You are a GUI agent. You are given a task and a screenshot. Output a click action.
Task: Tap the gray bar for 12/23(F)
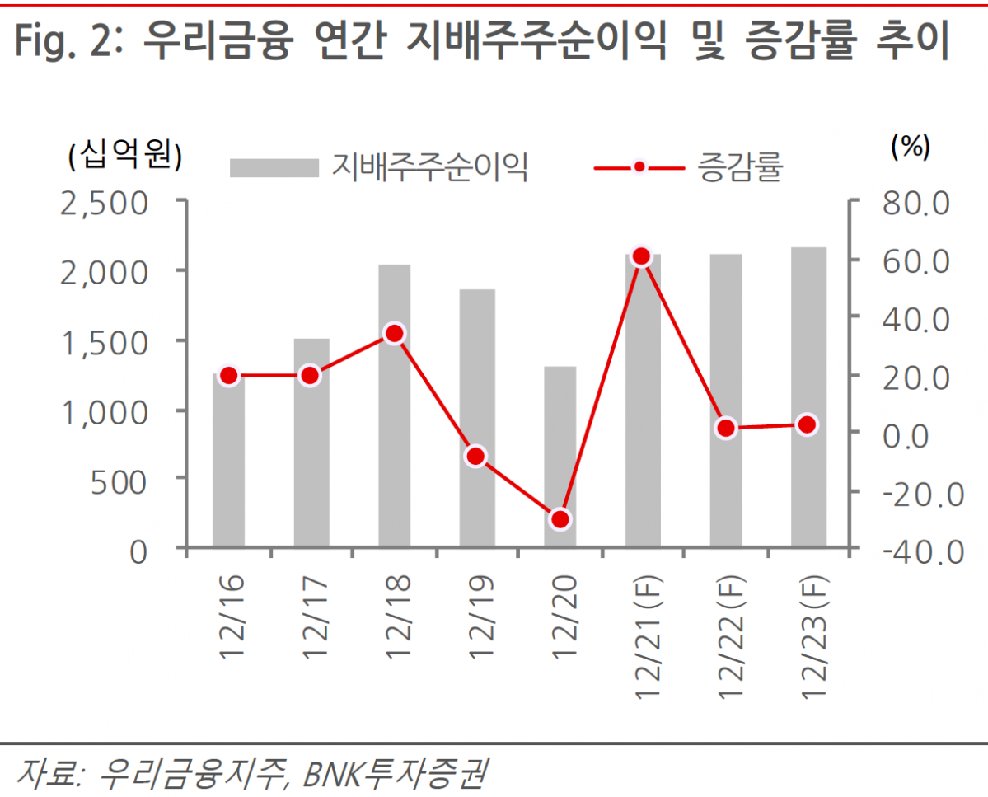coord(808,396)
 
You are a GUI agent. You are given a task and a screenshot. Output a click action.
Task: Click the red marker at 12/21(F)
coord(642,257)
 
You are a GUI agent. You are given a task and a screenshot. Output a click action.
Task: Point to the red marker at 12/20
coord(560,519)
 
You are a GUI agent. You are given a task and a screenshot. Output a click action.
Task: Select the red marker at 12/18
coord(394,334)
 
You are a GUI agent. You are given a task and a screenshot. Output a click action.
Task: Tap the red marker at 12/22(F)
coord(726,428)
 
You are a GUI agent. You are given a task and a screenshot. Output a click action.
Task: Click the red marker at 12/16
coord(229,376)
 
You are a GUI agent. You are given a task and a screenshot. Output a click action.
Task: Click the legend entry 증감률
coord(739,167)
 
